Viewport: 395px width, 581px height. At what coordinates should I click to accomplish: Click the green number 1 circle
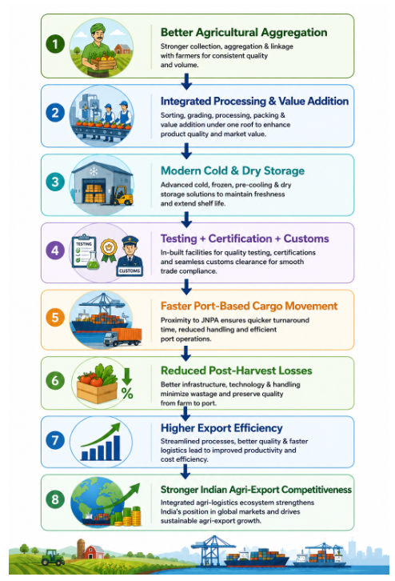click(x=55, y=44)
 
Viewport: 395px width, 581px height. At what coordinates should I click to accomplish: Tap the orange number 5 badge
click(x=55, y=318)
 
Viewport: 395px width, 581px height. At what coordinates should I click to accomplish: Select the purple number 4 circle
click(x=55, y=250)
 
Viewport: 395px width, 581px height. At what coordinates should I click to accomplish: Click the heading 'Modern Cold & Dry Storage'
click(x=233, y=170)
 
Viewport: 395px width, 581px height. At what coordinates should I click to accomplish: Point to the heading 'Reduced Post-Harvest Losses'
click(x=236, y=371)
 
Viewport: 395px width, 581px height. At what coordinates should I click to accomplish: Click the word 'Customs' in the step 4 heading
click(x=306, y=238)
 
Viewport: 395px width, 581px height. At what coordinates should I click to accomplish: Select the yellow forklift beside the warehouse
click(x=122, y=195)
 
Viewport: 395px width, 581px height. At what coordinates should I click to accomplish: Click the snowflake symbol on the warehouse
click(x=94, y=171)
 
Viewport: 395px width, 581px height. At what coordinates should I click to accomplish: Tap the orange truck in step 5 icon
click(x=122, y=337)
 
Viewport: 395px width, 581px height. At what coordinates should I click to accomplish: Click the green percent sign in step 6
click(x=127, y=393)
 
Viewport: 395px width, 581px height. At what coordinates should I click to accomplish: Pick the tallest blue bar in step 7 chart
click(x=116, y=447)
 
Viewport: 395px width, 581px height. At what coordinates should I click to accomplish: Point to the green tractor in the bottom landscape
click(x=53, y=557)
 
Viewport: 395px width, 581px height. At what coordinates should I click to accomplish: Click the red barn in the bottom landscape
click(x=94, y=552)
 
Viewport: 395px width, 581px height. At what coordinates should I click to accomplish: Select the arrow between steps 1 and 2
click(x=186, y=81)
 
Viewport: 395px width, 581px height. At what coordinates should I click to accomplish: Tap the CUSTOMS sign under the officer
click(x=130, y=270)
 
